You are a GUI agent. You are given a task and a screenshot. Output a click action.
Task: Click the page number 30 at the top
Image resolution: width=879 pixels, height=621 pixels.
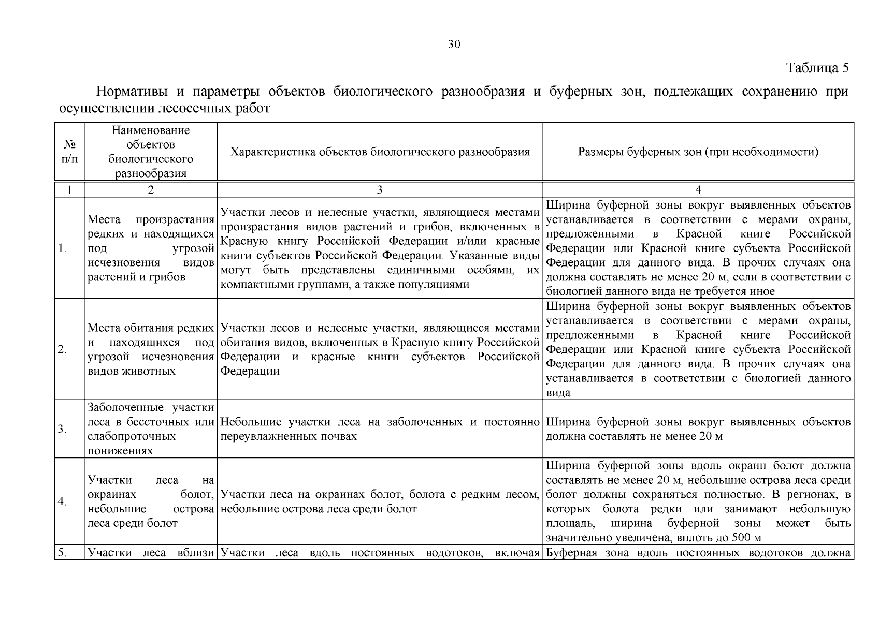coord(454,45)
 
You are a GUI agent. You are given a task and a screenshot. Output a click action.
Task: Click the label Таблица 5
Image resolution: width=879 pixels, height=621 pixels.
coord(817,68)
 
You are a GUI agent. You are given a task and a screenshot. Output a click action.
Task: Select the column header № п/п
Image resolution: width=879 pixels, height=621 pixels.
coord(69,151)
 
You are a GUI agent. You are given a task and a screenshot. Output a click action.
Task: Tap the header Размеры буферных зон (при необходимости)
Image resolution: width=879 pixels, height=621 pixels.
coord(698,152)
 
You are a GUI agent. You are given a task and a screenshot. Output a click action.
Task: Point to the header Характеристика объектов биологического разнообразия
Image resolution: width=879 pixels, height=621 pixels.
coord(380,152)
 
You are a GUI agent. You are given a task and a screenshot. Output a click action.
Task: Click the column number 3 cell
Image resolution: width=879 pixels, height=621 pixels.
coord(380,189)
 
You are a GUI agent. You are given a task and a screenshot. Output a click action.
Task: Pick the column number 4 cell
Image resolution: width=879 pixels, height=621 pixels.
coord(698,189)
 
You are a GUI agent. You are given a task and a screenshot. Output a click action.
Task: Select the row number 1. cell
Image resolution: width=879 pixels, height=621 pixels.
coord(63,248)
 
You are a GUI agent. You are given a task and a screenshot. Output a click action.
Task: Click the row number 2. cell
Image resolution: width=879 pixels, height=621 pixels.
coord(63,349)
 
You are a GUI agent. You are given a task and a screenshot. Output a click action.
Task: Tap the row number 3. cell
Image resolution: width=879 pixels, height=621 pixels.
coord(63,429)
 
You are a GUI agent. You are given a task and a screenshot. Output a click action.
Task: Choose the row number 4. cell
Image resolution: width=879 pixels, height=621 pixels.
coord(63,501)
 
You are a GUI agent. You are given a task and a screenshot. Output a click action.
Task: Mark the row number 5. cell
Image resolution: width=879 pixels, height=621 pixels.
coord(63,553)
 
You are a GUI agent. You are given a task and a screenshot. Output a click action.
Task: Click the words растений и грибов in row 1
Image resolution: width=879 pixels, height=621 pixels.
coord(136,277)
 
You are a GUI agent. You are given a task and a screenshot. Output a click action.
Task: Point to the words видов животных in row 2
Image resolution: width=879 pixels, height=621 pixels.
coord(132,371)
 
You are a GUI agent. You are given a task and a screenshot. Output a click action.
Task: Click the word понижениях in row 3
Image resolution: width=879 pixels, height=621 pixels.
coord(120,450)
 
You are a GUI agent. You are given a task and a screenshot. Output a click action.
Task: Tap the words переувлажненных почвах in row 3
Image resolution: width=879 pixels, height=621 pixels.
coord(289,436)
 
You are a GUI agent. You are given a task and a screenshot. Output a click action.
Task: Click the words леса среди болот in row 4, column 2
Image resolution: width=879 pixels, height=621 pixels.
coord(133,523)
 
